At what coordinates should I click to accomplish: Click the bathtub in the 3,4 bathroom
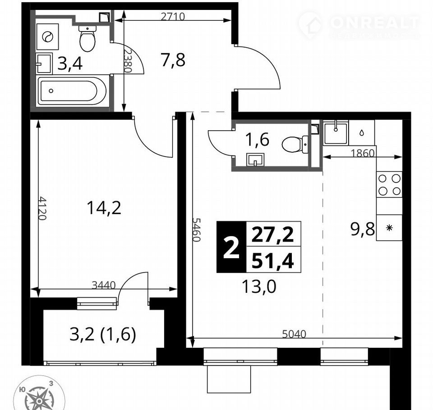point(72,91)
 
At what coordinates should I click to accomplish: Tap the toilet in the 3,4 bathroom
point(87,38)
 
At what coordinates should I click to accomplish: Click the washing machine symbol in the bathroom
point(47,36)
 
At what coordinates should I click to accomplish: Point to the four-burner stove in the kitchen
point(389,184)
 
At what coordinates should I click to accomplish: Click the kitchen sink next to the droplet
point(336,133)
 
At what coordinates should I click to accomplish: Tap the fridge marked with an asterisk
point(389,228)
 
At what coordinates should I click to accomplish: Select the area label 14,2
point(104,208)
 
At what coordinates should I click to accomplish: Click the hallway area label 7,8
point(173,60)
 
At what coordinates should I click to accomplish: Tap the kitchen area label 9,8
point(362,229)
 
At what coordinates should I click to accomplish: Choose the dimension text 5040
point(294,334)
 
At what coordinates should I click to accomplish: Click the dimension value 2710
point(173,17)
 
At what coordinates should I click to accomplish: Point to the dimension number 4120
point(42,208)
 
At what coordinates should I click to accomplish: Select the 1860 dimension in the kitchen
point(363,153)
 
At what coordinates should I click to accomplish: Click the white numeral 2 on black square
point(231,247)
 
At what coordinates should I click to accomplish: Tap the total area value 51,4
point(272,261)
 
